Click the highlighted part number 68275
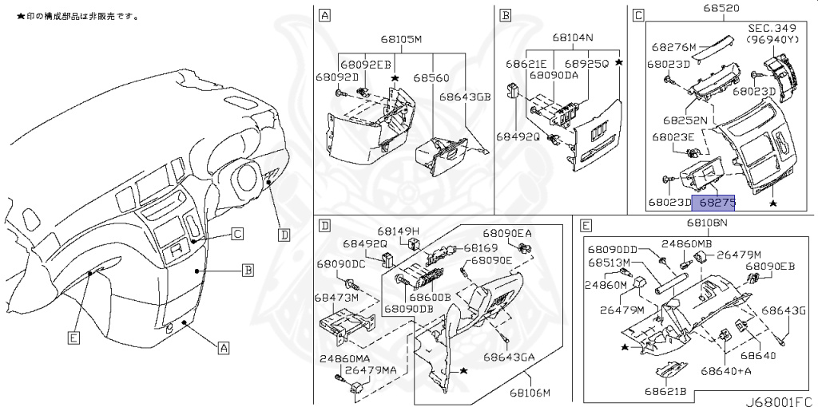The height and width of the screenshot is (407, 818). (x=713, y=203)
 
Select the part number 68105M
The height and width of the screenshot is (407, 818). (x=401, y=39)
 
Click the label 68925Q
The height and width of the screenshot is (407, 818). (x=586, y=63)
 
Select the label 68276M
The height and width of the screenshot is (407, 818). (x=674, y=47)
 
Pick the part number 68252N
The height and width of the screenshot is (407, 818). (x=685, y=120)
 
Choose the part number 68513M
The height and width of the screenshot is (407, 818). (x=610, y=262)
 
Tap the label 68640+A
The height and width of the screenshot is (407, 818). (x=726, y=370)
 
